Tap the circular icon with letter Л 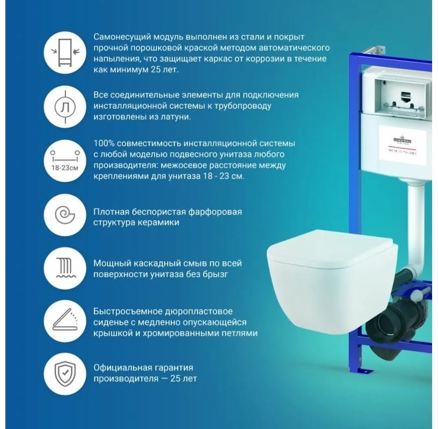click(64, 106)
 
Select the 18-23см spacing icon click(64, 160)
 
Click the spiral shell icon click(64, 214)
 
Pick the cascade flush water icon click(64, 268)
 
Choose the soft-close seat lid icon click(64, 321)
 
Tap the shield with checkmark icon click(64, 373)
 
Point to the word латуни click(176, 116)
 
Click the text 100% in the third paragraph click(104, 144)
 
